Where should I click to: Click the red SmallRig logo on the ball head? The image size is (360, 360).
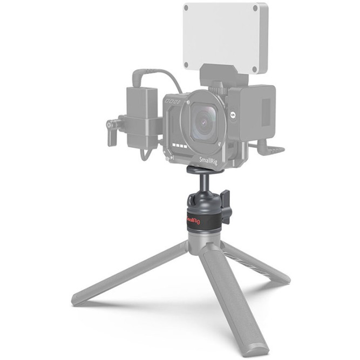[193, 221]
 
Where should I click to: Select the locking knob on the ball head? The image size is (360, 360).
[226, 205]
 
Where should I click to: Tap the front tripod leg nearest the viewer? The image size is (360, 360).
[229, 302]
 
